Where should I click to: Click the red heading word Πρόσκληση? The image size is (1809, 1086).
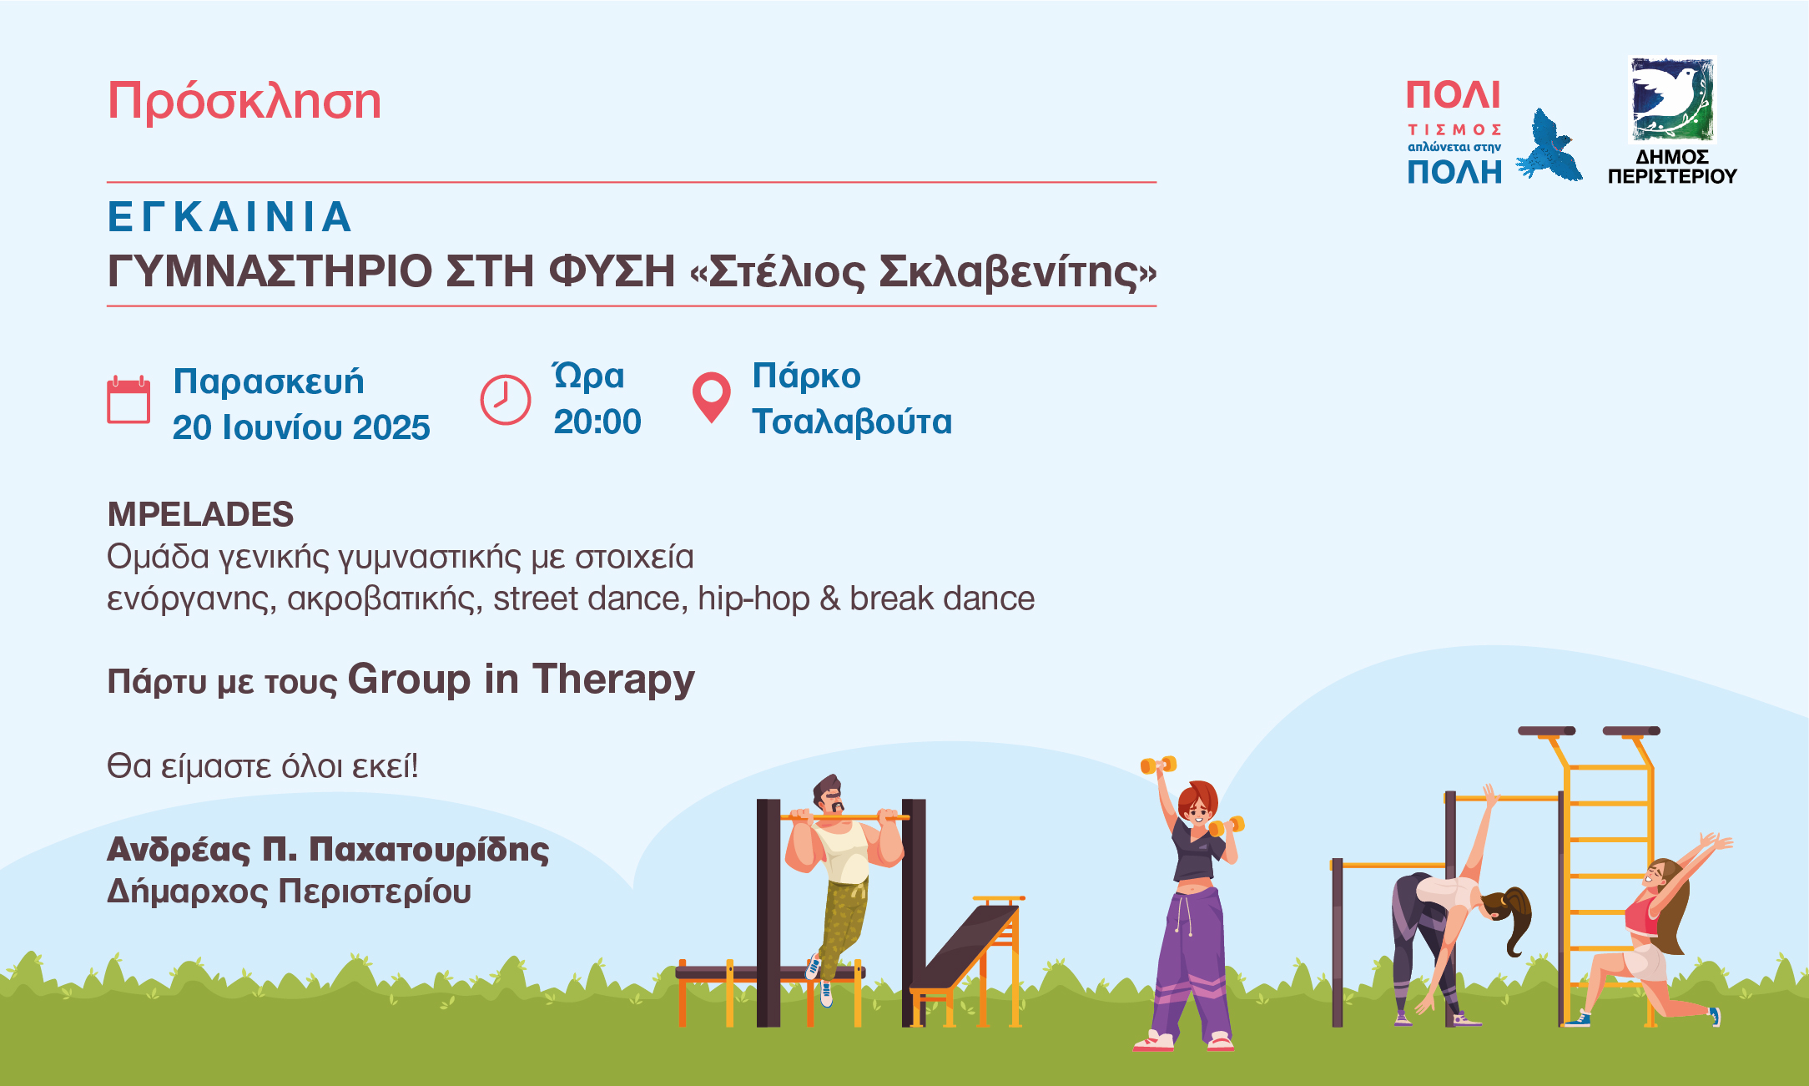(x=244, y=102)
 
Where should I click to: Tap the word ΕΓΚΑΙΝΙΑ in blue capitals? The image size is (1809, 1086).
(x=230, y=217)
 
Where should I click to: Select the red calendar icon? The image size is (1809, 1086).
(x=128, y=400)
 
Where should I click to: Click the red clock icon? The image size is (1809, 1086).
(x=505, y=400)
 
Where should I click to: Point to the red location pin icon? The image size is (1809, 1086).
(x=712, y=397)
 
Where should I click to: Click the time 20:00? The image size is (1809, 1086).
(x=597, y=422)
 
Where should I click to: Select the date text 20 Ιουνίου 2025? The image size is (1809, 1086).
(x=301, y=427)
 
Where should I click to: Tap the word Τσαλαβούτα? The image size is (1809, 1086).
(x=852, y=422)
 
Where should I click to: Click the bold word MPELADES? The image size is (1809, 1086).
(x=200, y=514)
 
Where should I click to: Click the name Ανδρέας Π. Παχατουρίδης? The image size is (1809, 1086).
(x=328, y=850)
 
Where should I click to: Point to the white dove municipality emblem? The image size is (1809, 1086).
(x=1672, y=98)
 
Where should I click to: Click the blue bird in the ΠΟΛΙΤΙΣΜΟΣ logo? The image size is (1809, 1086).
(x=1549, y=146)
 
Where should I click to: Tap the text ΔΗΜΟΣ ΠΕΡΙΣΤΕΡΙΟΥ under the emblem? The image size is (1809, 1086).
(x=1672, y=166)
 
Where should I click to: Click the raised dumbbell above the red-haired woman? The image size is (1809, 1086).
(x=1158, y=765)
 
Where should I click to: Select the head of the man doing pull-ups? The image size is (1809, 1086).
(x=829, y=796)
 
